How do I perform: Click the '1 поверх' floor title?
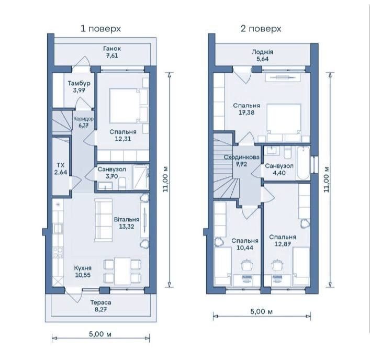point(101,29)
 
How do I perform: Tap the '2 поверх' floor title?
point(261,29)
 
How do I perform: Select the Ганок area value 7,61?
point(112,55)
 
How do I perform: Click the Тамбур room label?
point(79,83)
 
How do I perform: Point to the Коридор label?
point(83,119)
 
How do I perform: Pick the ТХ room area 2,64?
point(61,172)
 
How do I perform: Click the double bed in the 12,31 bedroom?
point(129,106)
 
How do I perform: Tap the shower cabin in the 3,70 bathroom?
point(141,177)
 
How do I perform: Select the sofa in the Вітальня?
point(103,220)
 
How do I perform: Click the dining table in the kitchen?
point(122,271)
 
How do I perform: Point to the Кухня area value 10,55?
point(83,275)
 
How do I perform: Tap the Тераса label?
point(101,302)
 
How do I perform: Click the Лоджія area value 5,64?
point(262,59)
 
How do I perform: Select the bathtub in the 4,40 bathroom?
point(303,163)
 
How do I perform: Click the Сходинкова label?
point(241,157)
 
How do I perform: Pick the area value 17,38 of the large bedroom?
point(246,113)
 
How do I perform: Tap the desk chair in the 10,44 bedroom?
point(247,265)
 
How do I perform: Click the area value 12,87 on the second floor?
point(283,244)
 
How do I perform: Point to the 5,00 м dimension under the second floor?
point(262,312)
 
